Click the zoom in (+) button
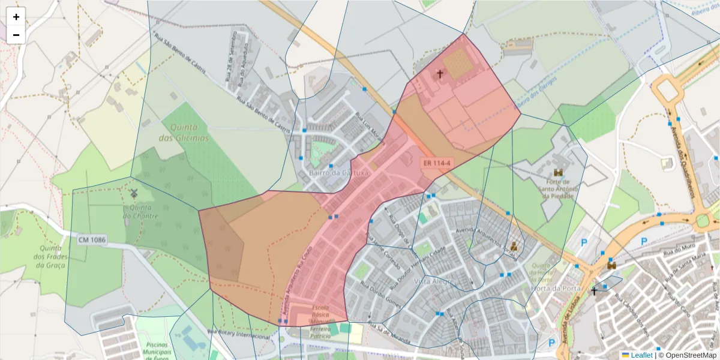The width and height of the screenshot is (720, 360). [x=16, y=17]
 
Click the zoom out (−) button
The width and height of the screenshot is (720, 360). [x=16, y=35]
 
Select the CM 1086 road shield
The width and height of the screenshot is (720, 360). [x=91, y=240]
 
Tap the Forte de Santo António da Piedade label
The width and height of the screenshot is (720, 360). [x=559, y=189]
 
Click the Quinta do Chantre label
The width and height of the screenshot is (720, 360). [x=140, y=212]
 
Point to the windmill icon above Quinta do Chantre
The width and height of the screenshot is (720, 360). [x=134, y=194]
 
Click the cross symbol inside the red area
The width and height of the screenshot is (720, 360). [x=440, y=74]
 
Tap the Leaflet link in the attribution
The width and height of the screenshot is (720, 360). [x=641, y=355]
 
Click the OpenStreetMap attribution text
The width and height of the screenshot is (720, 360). [x=690, y=355]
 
